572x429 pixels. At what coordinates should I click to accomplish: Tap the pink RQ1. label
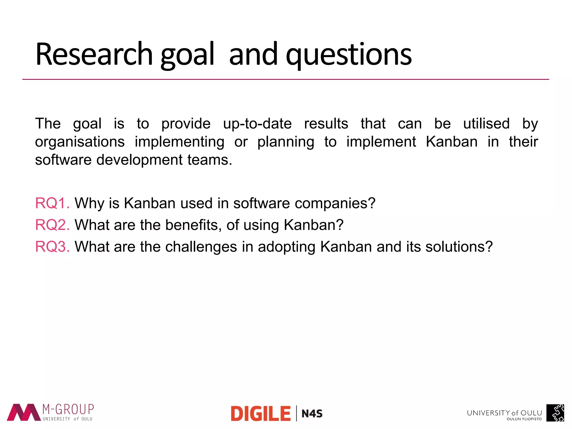pyautogui.click(x=52, y=203)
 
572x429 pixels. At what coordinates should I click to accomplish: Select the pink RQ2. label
pyautogui.click(x=52, y=225)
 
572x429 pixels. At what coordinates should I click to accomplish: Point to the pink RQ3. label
pyautogui.click(x=52, y=247)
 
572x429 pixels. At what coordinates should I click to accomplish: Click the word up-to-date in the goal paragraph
pyautogui.click(x=257, y=124)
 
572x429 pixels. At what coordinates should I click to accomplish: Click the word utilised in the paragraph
pyautogui.click(x=486, y=124)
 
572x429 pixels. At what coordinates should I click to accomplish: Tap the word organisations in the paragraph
pyautogui.click(x=80, y=142)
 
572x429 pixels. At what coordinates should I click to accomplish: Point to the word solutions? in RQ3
pyautogui.click(x=459, y=247)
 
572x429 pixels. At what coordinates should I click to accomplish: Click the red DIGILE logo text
pyautogui.click(x=261, y=414)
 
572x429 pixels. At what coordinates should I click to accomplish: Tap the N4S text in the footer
pyautogui.click(x=312, y=414)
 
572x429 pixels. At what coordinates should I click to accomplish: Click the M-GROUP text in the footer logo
pyautogui.click(x=68, y=409)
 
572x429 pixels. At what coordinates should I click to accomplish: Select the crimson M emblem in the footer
pyautogui.click(x=24, y=412)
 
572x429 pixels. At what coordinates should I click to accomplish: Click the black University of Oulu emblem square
pyautogui.click(x=555, y=413)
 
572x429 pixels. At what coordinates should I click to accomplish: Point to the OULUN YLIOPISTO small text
pyautogui.click(x=524, y=419)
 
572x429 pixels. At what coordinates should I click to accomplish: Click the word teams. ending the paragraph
pyautogui.click(x=209, y=160)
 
